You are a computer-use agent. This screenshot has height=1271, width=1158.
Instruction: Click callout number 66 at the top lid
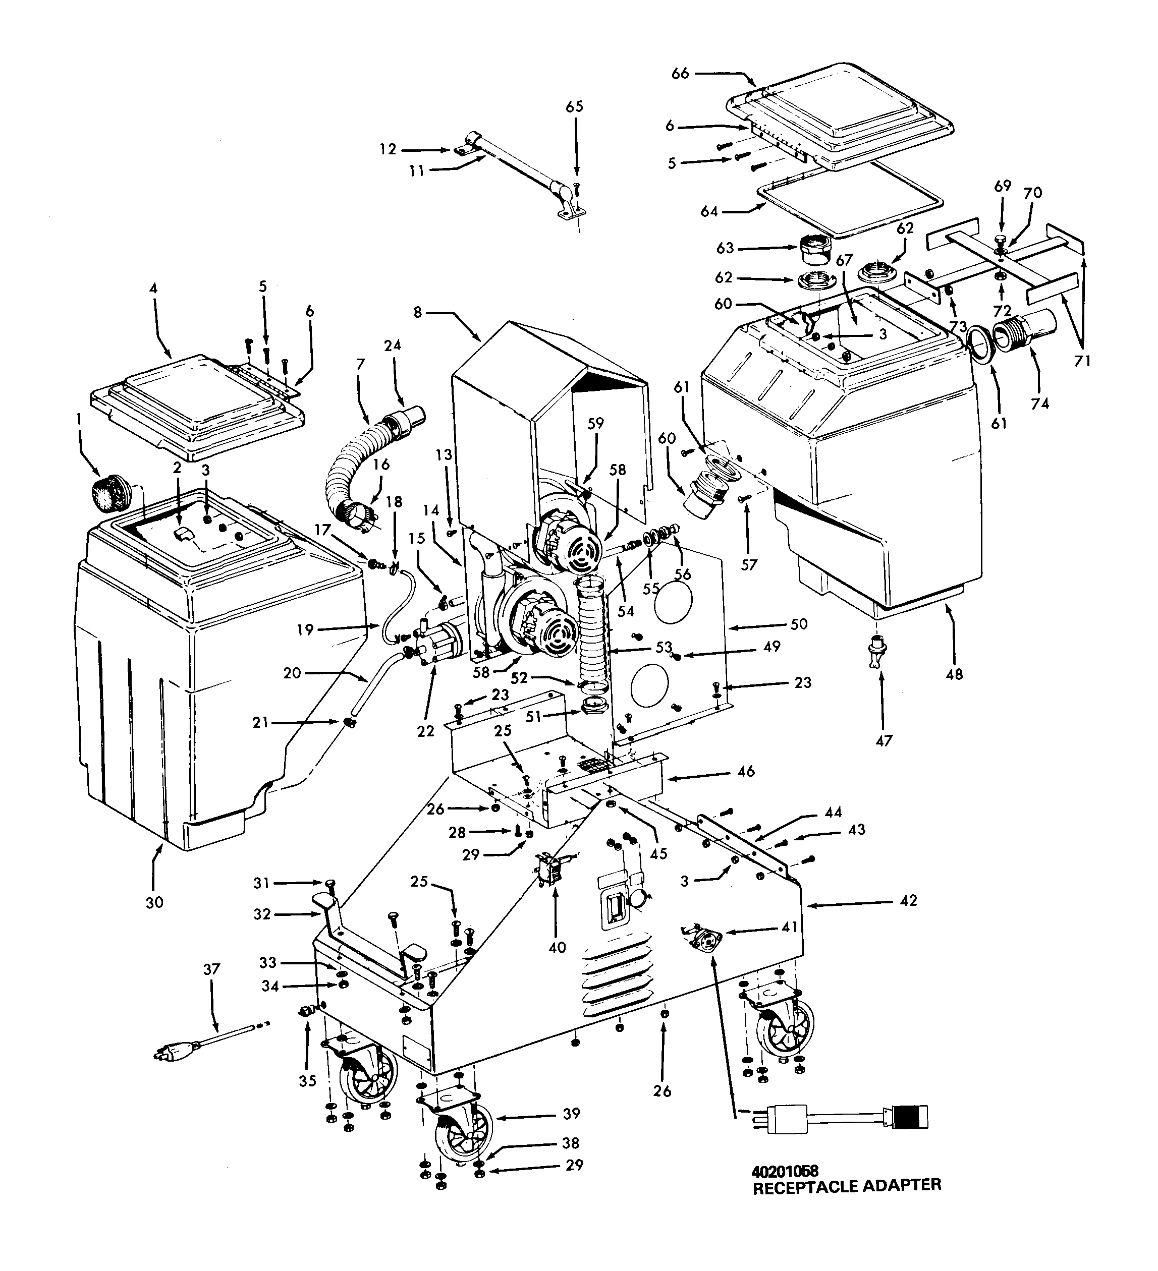[x=680, y=74]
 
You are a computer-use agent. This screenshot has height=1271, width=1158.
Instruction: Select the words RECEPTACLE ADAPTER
[x=847, y=1186]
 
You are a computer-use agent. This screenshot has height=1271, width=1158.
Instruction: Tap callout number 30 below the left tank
[x=154, y=902]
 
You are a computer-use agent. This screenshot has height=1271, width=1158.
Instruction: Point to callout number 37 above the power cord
[x=211, y=969]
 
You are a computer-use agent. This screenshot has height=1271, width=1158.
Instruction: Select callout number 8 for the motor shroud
[x=418, y=312]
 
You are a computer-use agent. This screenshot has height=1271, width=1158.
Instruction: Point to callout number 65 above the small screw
[x=575, y=106]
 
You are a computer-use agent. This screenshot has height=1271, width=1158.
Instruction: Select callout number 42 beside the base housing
[x=908, y=901]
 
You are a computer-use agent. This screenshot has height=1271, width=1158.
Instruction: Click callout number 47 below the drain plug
[x=884, y=740]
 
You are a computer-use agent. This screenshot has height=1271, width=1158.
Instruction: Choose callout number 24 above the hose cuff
[x=393, y=345]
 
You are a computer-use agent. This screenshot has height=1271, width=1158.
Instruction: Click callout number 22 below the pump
[x=426, y=731]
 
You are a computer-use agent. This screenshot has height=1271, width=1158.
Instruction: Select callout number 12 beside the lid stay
[x=388, y=149]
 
